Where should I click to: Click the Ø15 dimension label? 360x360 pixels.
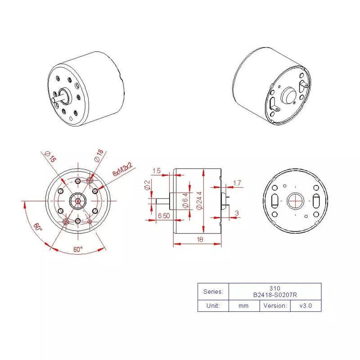(50, 157)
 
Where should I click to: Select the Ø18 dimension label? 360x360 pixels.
(99, 156)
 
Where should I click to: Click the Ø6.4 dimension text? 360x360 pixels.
(185, 200)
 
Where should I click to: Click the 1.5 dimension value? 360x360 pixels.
(157, 171)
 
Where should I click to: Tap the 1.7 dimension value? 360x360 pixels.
(237, 183)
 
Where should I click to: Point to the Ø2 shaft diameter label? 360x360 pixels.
(147, 185)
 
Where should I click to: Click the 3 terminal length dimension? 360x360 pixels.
(237, 212)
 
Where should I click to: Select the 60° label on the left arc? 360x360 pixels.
(37, 227)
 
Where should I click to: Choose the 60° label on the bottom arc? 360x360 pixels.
(78, 249)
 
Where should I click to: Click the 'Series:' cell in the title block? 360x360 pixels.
(213, 291)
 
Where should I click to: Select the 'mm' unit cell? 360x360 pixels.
(244, 306)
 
